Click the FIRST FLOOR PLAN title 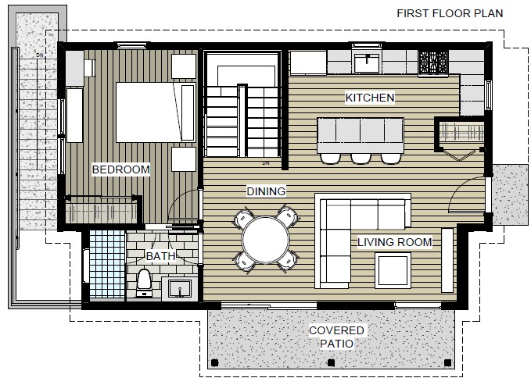coord(450,13)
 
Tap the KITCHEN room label coord(370,98)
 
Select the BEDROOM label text coord(121,169)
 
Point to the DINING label coord(266,191)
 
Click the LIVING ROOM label coord(395,242)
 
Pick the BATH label coord(160,256)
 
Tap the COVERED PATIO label coord(336,337)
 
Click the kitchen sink coord(367,63)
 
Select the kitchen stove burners coord(433,62)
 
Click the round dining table coord(266,240)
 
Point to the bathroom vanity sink coord(180,288)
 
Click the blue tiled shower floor coord(107,264)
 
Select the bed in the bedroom coord(156,112)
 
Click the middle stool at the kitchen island coord(361,159)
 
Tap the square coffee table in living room coord(393,270)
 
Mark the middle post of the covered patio coord(332,363)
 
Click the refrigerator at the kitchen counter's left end coord(308,62)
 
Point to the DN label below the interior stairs coord(266,163)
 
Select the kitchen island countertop coord(361,135)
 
